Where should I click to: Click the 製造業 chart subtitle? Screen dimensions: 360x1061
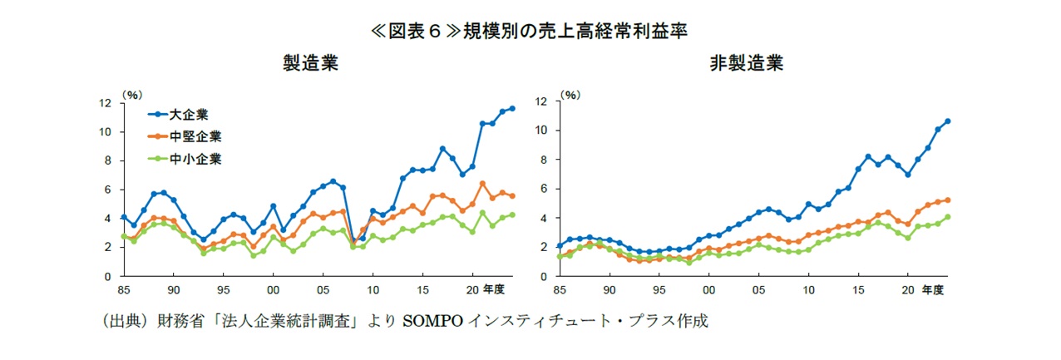coord(310,65)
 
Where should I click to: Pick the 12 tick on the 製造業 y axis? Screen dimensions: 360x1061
coord(106,103)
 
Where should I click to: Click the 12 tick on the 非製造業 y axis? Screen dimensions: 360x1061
coord(541,101)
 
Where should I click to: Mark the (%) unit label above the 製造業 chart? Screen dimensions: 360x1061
coord(131,95)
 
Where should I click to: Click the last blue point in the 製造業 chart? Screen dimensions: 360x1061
coord(512,108)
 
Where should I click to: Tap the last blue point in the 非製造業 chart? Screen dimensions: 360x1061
coord(947,121)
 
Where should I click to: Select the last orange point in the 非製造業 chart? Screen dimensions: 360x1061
coord(947,200)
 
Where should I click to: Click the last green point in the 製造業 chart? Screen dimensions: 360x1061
coord(512,215)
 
